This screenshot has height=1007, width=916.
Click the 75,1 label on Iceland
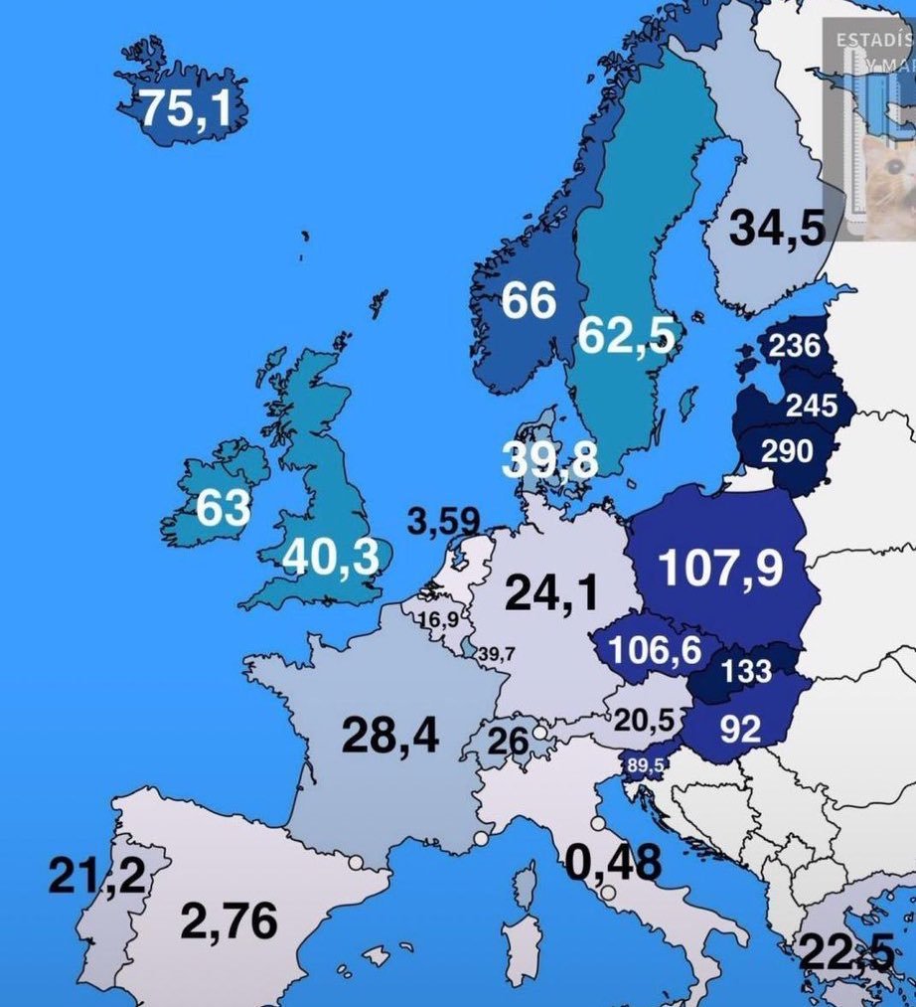185,108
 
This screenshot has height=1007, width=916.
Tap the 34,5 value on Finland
777,229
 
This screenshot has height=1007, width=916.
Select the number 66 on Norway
528,300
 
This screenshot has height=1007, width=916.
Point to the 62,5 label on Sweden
626,336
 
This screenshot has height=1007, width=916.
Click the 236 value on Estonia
794,346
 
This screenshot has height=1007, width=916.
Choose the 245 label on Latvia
811,406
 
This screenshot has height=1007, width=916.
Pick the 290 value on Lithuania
787,451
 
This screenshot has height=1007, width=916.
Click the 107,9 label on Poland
720,568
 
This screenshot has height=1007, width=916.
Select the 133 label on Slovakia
746,672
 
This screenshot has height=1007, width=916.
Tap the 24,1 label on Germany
552,593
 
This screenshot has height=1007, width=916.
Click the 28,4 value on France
390,736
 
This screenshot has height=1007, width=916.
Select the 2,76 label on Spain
229,922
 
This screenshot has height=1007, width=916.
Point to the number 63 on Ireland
223,508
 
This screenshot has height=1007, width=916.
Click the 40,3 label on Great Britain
331,558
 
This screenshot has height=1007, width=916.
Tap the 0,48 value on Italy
614,863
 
